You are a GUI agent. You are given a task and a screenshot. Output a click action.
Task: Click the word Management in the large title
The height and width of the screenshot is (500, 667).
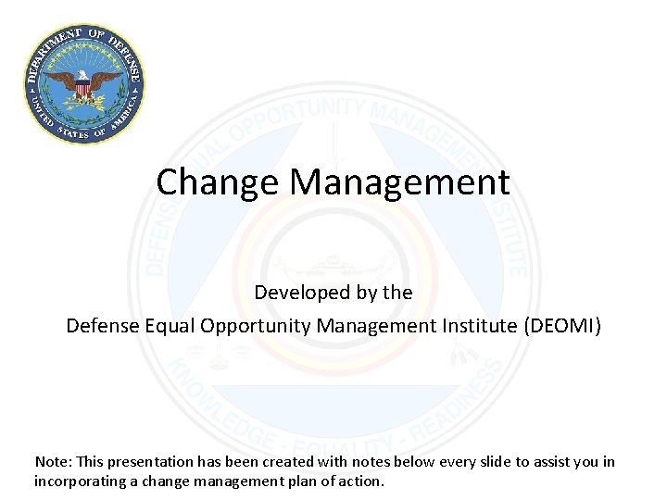pyautogui.click(x=399, y=182)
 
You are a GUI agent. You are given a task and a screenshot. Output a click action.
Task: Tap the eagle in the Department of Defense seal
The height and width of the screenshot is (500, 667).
pyautogui.click(x=84, y=84)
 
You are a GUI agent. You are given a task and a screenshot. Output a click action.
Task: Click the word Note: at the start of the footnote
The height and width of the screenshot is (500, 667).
pyautogui.click(x=51, y=461)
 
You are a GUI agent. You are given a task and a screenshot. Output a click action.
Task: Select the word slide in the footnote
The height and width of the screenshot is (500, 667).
pyautogui.click(x=478, y=461)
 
